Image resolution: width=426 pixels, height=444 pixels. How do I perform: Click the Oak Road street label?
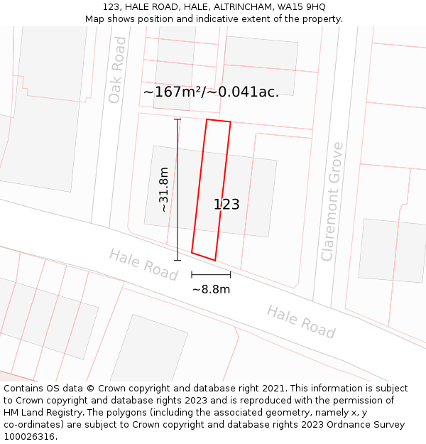click(x=117, y=70)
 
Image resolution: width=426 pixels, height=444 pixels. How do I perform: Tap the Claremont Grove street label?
click(x=332, y=201)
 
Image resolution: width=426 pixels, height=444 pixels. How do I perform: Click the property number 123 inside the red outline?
click(x=226, y=205)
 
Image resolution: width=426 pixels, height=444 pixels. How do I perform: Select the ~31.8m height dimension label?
click(x=164, y=190)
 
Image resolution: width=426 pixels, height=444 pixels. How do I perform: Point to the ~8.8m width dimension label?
click(x=211, y=289)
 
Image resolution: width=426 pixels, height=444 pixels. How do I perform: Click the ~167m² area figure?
click(x=173, y=92)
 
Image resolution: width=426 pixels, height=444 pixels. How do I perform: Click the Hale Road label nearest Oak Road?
click(x=143, y=264)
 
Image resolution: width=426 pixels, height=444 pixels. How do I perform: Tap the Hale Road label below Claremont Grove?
click(x=301, y=321)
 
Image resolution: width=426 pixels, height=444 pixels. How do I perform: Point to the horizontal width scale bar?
click(x=211, y=274)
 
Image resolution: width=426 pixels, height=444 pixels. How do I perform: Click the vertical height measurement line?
click(x=177, y=190)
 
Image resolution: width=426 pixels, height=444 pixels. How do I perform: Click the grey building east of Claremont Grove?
click(x=393, y=250)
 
